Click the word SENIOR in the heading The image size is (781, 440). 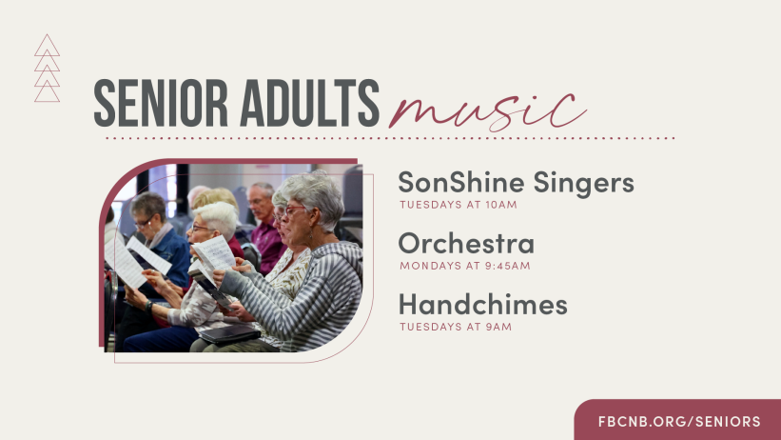(161, 103)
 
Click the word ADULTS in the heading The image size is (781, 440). (309, 103)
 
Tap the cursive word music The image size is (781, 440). (487, 111)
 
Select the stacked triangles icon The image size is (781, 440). (48, 69)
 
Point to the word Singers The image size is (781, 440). (584, 184)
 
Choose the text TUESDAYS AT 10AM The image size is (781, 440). (459, 205)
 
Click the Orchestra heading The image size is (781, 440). (466, 244)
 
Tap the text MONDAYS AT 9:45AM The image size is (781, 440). (465, 266)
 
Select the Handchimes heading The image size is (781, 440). (482, 305)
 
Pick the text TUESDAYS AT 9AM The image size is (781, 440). (456, 327)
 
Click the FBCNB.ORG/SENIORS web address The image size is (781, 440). (679, 422)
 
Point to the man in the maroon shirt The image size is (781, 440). (266, 227)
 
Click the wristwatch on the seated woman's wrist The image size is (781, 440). (148, 306)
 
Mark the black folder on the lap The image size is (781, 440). (230, 334)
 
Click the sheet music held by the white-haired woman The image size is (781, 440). (214, 254)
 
